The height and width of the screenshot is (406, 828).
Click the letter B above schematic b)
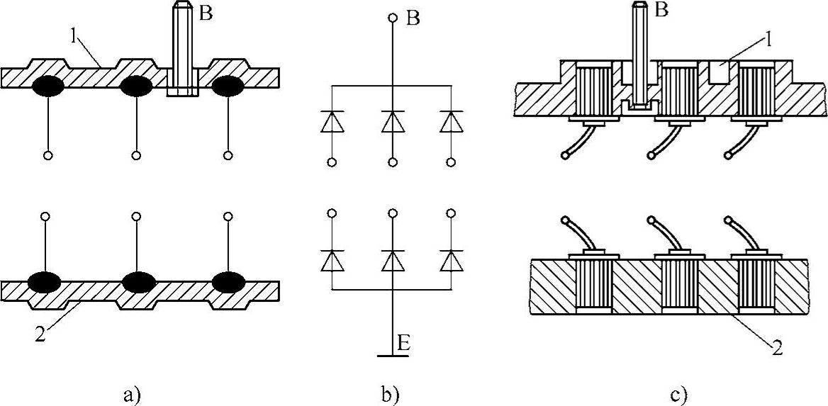(413, 17)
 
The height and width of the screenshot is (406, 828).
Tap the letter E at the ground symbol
(402, 344)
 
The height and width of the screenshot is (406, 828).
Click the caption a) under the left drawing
(133, 393)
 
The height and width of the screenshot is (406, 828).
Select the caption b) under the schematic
(392, 393)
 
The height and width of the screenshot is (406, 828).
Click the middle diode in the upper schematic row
(392, 122)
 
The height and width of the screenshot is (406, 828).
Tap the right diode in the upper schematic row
(452, 122)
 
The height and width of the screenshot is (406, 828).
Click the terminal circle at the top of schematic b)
(392, 17)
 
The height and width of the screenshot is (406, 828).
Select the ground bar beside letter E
(392, 355)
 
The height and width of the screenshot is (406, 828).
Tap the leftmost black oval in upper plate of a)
(47, 86)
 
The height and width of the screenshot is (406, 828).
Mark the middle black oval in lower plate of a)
(139, 281)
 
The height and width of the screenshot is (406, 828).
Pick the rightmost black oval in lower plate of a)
(228, 281)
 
